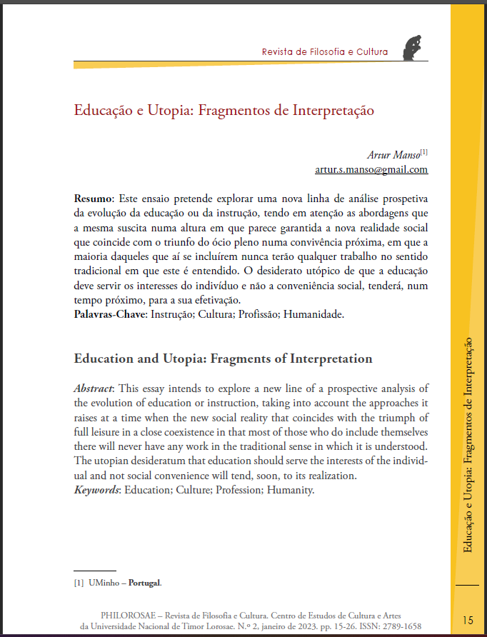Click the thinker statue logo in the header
click(413, 47)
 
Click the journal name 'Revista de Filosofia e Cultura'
click(325, 52)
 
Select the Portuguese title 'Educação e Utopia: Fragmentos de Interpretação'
click(224, 111)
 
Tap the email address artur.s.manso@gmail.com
click(371, 169)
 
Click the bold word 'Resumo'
click(93, 197)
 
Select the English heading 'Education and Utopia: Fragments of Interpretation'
click(224, 358)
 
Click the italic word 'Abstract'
click(95, 388)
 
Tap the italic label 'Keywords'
click(98, 491)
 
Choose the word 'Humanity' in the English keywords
click(291, 491)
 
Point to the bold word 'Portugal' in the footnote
click(145, 583)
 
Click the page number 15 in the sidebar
click(468, 619)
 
